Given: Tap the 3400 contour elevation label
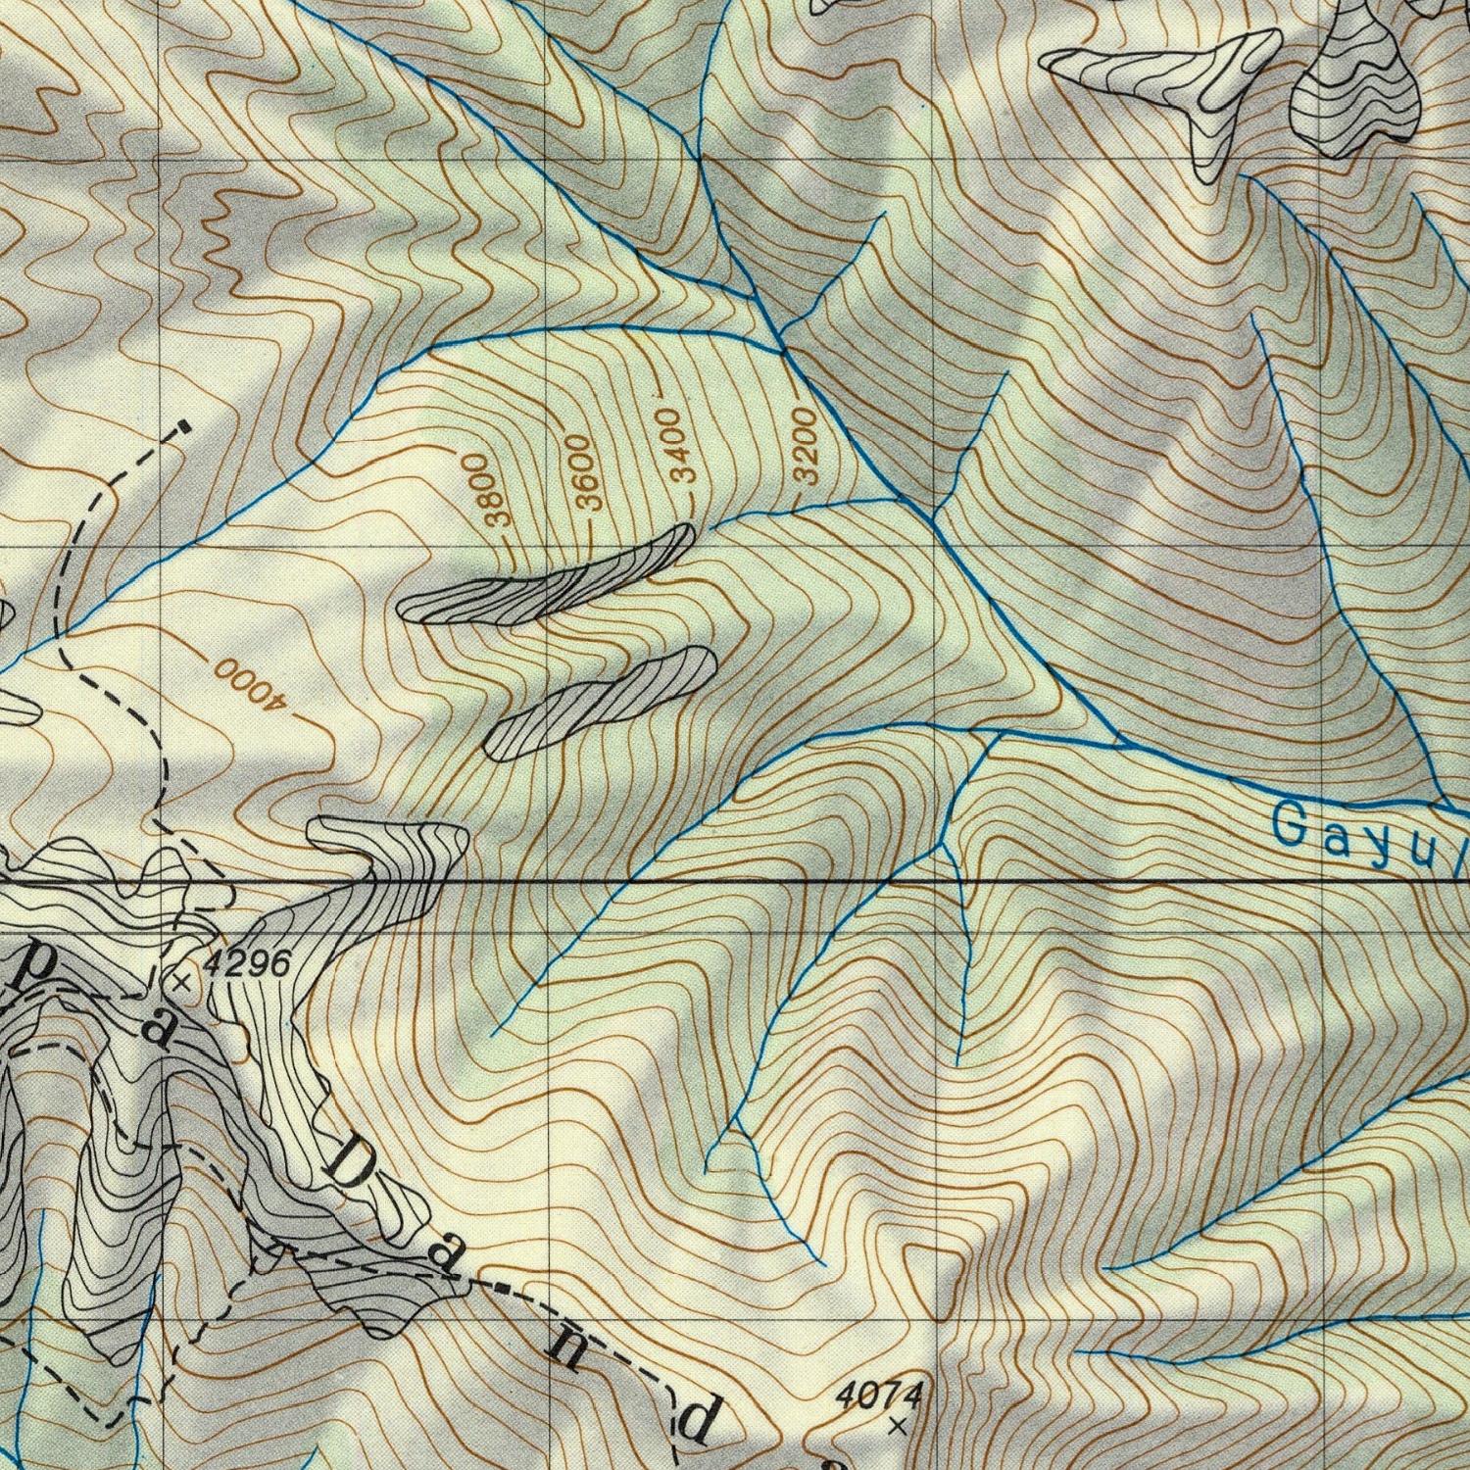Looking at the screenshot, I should (x=678, y=447).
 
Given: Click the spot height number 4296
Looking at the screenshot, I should (x=248, y=964).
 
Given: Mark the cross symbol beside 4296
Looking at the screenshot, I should (x=180, y=981).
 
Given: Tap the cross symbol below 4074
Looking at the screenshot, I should (x=897, y=1427).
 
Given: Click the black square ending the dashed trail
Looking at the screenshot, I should (x=183, y=427).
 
